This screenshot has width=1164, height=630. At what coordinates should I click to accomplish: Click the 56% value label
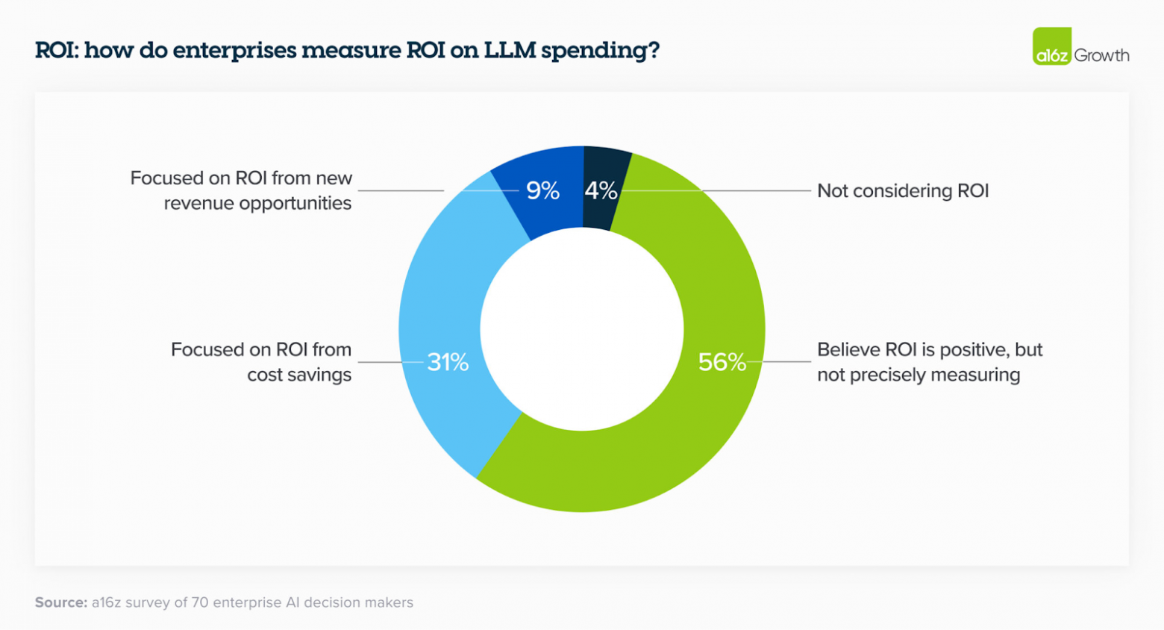click(x=722, y=362)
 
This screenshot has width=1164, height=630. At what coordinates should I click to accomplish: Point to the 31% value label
click(x=448, y=363)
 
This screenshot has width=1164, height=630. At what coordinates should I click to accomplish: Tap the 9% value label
click(x=542, y=191)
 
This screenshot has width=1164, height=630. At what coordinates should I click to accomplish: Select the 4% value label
click(x=601, y=191)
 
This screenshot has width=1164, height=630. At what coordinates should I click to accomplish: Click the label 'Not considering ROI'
click(x=903, y=191)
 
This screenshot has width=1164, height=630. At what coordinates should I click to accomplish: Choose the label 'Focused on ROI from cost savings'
click(x=261, y=362)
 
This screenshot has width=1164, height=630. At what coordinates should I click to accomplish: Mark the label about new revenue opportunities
click(x=241, y=190)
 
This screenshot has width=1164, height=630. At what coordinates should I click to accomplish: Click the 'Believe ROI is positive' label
click(x=929, y=362)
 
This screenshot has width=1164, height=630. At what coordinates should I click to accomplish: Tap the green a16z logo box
click(x=1052, y=46)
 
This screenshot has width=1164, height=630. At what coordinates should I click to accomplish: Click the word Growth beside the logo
click(x=1101, y=55)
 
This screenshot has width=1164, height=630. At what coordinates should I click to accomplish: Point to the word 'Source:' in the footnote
click(x=61, y=602)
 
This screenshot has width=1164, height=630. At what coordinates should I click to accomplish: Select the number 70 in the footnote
click(x=200, y=602)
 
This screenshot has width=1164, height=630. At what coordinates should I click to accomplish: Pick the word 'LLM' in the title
click(x=510, y=50)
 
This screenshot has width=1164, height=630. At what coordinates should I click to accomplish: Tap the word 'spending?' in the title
click(x=600, y=50)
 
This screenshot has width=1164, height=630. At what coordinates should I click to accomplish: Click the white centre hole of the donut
click(x=582, y=328)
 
